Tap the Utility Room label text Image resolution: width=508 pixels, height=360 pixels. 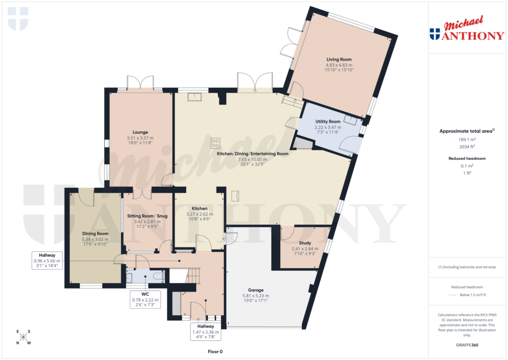click(327, 122)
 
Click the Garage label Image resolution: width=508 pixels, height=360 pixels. click(255, 290)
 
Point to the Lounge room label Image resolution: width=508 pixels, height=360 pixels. click(140, 132)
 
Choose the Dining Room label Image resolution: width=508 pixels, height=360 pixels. click(95, 233)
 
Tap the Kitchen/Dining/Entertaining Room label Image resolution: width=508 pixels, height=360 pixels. click(253, 154)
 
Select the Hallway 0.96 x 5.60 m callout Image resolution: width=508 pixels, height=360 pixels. click(46, 260)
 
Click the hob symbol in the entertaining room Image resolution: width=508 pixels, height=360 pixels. click(216, 143)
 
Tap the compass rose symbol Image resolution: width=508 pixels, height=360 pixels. click(23, 337)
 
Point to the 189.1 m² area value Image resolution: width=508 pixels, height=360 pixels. click(466, 140)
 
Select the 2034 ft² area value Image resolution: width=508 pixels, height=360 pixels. click(466, 147)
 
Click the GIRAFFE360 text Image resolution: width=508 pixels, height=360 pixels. click(466, 345)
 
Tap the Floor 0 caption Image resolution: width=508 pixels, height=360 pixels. click(215, 352)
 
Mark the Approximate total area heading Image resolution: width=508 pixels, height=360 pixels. click(466, 131)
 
